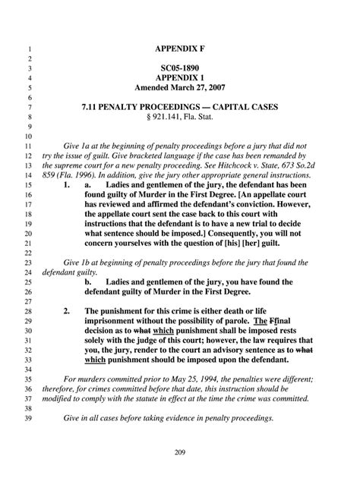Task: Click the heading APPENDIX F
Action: [x=179, y=48]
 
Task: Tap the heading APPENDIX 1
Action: [x=179, y=77]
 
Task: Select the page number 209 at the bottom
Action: [x=180, y=453]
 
